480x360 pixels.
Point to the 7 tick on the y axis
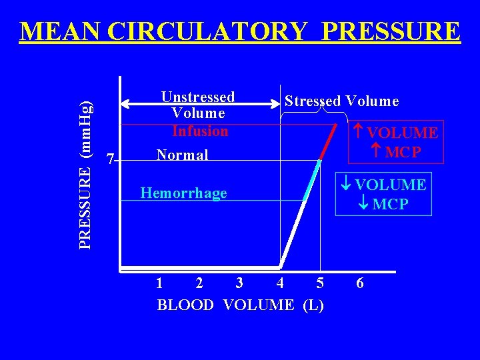(111, 159)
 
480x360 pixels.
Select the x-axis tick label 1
(159, 283)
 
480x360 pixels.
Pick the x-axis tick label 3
(239, 283)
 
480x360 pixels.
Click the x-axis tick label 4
(280, 283)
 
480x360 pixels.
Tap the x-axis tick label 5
(320, 283)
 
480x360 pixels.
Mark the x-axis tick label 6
(360, 283)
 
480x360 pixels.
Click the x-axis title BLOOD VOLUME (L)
(240, 305)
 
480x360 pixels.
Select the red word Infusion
(200, 131)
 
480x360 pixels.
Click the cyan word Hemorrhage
(183, 194)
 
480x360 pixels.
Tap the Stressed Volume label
(341, 101)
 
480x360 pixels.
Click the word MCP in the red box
(403, 151)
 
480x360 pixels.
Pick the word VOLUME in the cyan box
(390, 185)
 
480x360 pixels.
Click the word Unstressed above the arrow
(198, 97)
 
